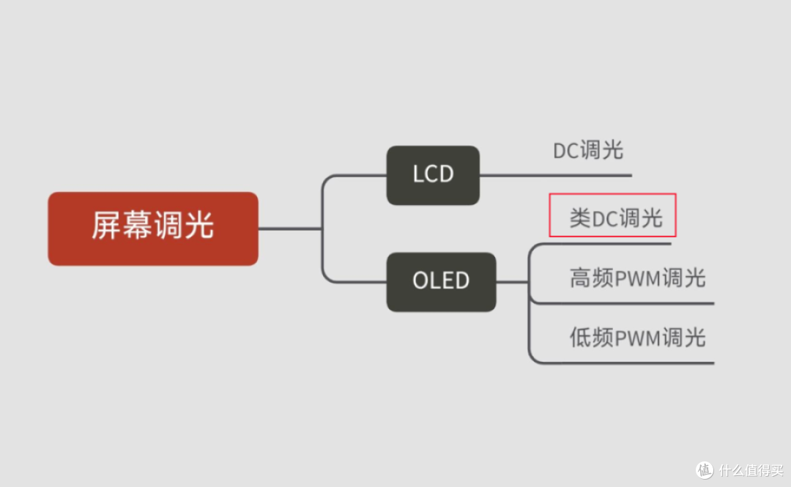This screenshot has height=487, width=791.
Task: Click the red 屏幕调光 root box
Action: point(152,228)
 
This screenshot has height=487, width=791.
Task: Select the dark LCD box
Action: point(433,175)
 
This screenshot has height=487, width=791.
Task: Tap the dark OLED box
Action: point(441,281)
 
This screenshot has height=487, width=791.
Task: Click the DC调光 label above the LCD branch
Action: point(587,151)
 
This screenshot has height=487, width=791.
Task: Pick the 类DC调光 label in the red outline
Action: point(613,217)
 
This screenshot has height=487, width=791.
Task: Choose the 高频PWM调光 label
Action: point(637,278)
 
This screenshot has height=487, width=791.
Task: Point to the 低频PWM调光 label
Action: point(637,338)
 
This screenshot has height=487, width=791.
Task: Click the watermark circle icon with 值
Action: point(705,469)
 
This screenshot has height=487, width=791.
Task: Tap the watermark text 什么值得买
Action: point(751,469)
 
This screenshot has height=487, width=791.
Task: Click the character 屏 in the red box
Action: point(105,226)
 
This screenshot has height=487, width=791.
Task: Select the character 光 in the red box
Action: point(199,226)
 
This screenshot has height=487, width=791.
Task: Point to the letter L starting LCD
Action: point(418,175)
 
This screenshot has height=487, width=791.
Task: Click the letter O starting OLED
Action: point(420,281)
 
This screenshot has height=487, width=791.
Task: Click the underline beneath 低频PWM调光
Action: point(623,363)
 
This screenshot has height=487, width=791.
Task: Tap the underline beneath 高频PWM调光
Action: point(623,302)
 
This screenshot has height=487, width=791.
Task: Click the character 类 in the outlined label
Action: point(580,218)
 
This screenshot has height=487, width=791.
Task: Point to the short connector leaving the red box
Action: point(289,228)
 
